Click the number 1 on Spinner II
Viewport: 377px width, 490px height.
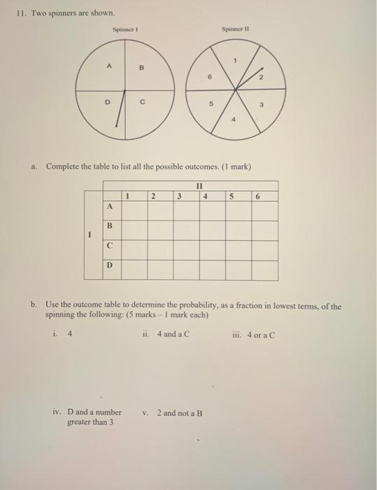[x=236, y=62]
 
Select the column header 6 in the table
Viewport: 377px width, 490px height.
[x=258, y=197]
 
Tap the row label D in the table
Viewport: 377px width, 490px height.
[x=109, y=267]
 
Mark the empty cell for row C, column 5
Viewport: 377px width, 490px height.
[x=238, y=249]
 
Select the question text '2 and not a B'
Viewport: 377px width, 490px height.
[x=180, y=412]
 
